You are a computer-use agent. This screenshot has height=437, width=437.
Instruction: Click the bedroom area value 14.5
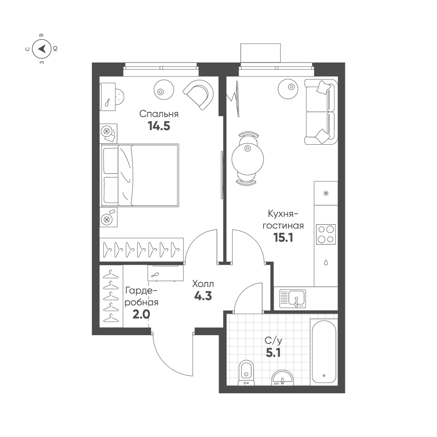159,126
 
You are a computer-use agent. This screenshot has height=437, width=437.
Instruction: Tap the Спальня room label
159,114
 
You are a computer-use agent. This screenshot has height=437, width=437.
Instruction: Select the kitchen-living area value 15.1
283,238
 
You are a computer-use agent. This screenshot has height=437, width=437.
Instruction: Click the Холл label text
203,284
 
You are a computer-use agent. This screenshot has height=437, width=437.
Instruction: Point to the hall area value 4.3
203,296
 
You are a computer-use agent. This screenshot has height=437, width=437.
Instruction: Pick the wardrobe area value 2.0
141,314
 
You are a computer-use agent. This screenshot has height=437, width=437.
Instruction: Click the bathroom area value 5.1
273,353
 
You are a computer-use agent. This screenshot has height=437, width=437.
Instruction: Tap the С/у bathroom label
274,340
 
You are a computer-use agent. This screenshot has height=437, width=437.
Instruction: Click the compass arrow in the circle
42,49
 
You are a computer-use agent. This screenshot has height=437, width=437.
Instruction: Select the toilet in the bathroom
246,373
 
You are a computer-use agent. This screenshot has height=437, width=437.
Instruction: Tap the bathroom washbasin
282,378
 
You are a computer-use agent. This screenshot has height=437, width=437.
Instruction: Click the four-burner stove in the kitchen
326,234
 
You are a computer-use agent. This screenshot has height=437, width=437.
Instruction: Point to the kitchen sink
292,298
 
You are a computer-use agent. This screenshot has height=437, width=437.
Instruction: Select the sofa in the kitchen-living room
321,112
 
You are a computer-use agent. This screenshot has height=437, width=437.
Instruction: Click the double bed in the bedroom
139,175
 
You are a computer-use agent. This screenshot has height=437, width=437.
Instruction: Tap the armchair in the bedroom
198,95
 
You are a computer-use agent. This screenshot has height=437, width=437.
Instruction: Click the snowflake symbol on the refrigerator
326,193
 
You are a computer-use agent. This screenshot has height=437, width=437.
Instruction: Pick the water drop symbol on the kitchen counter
326,262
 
